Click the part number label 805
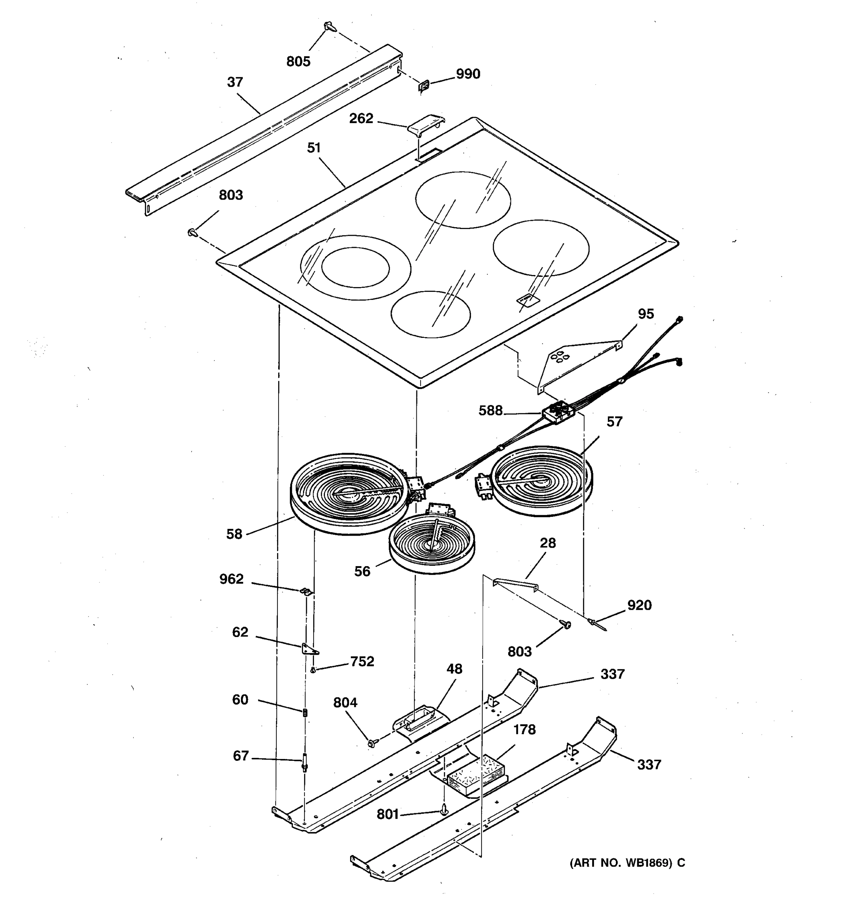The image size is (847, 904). (x=298, y=61)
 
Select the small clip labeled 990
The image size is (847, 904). (x=424, y=86)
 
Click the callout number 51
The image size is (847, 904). (x=314, y=148)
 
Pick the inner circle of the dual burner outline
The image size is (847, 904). (x=355, y=267)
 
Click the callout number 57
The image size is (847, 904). (x=614, y=422)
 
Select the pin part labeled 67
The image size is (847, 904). (x=305, y=763)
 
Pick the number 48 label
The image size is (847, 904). (x=454, y=669)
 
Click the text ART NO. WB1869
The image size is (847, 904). (x=621, y=863)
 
